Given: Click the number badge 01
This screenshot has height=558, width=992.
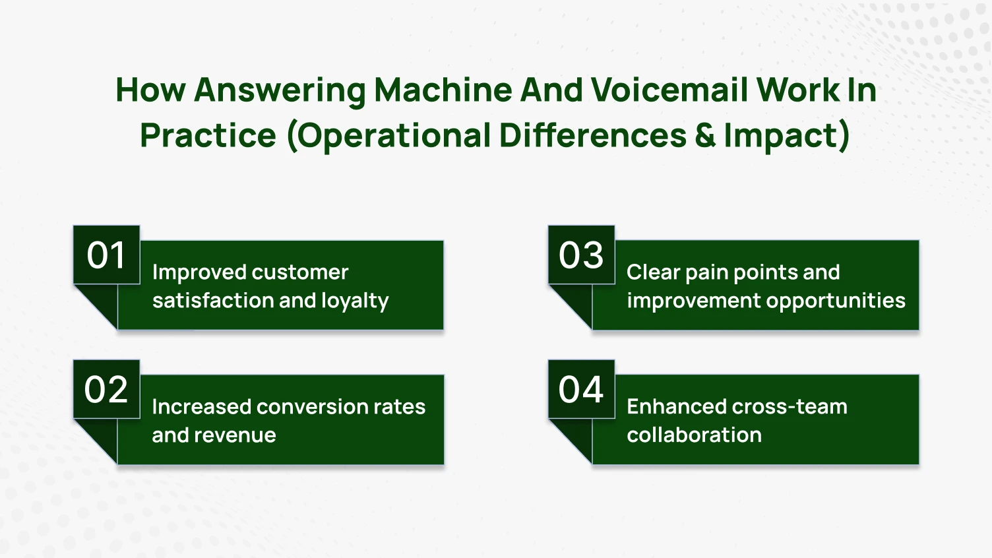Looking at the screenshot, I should [x=106, y=255].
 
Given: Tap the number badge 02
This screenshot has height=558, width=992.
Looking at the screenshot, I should [x=106, y=389].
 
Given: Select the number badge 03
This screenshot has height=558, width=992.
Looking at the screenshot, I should [x=581, y=255].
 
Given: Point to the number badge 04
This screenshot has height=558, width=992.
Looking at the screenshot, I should [x=581, y=389].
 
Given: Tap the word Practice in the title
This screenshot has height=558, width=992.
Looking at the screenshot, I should [x=208, y=135].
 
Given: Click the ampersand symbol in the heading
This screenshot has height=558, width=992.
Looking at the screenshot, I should [x=704, y=135].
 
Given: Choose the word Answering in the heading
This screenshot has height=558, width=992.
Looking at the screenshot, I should [x=280, y=91].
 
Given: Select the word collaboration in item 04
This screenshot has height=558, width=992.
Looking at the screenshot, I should [x=694, y=435].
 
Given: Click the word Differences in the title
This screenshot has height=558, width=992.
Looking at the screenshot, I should [x=592, y=135].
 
